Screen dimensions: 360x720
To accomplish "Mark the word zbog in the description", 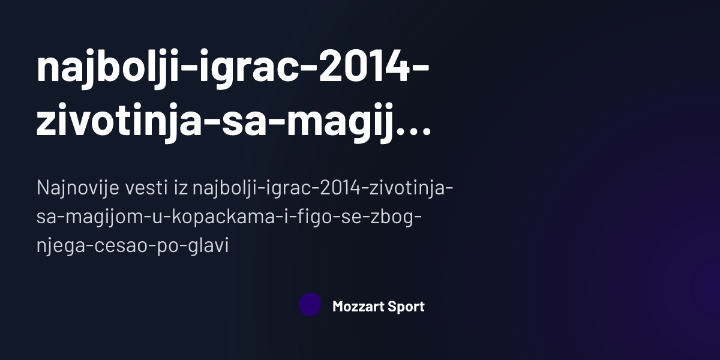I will click(394, 217).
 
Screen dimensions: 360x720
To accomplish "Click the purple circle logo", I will click(310, 305).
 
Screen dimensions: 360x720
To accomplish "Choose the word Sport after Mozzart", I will click(406, 307).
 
